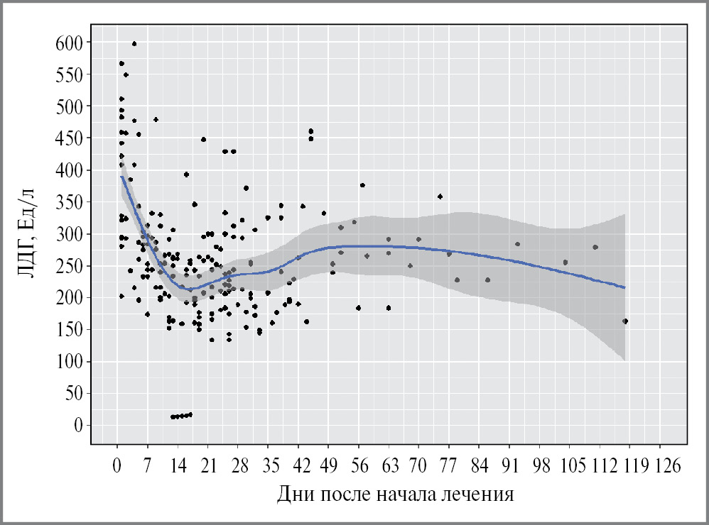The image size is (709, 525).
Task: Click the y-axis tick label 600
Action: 70,43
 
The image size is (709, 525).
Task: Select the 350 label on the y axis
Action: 70,202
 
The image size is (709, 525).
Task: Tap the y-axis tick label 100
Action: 70,362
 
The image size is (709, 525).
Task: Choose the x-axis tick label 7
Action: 147,466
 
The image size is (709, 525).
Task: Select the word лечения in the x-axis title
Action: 477,493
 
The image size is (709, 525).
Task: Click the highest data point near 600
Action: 134,44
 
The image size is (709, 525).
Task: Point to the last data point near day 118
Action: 625,321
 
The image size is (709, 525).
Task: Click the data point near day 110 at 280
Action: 595,247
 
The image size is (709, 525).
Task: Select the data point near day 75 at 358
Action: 440,197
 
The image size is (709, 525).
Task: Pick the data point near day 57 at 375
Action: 362,185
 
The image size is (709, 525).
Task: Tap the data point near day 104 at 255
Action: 565,262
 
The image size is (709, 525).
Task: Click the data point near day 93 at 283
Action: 517,244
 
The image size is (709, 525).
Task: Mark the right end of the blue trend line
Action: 624,287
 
